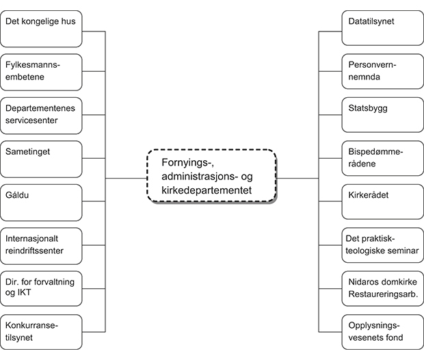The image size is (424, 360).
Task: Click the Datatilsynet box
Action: tap(382, 29)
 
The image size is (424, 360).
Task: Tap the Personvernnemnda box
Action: tap(382, 72)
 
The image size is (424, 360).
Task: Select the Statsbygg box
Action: tap(382, 115)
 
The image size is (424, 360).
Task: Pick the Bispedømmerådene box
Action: tap(382, 158)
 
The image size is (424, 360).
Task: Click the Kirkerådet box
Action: tap(382, 202)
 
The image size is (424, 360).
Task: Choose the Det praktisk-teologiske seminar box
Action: tap(382, 246)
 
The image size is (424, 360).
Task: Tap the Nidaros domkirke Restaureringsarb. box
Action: tap(382, 289)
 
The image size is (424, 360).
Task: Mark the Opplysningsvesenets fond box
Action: tap(382, 332)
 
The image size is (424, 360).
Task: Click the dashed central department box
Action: tap(212, 177)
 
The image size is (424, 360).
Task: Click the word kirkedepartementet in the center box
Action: tap(207, 190)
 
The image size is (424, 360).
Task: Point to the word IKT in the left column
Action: tap(25, 293)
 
